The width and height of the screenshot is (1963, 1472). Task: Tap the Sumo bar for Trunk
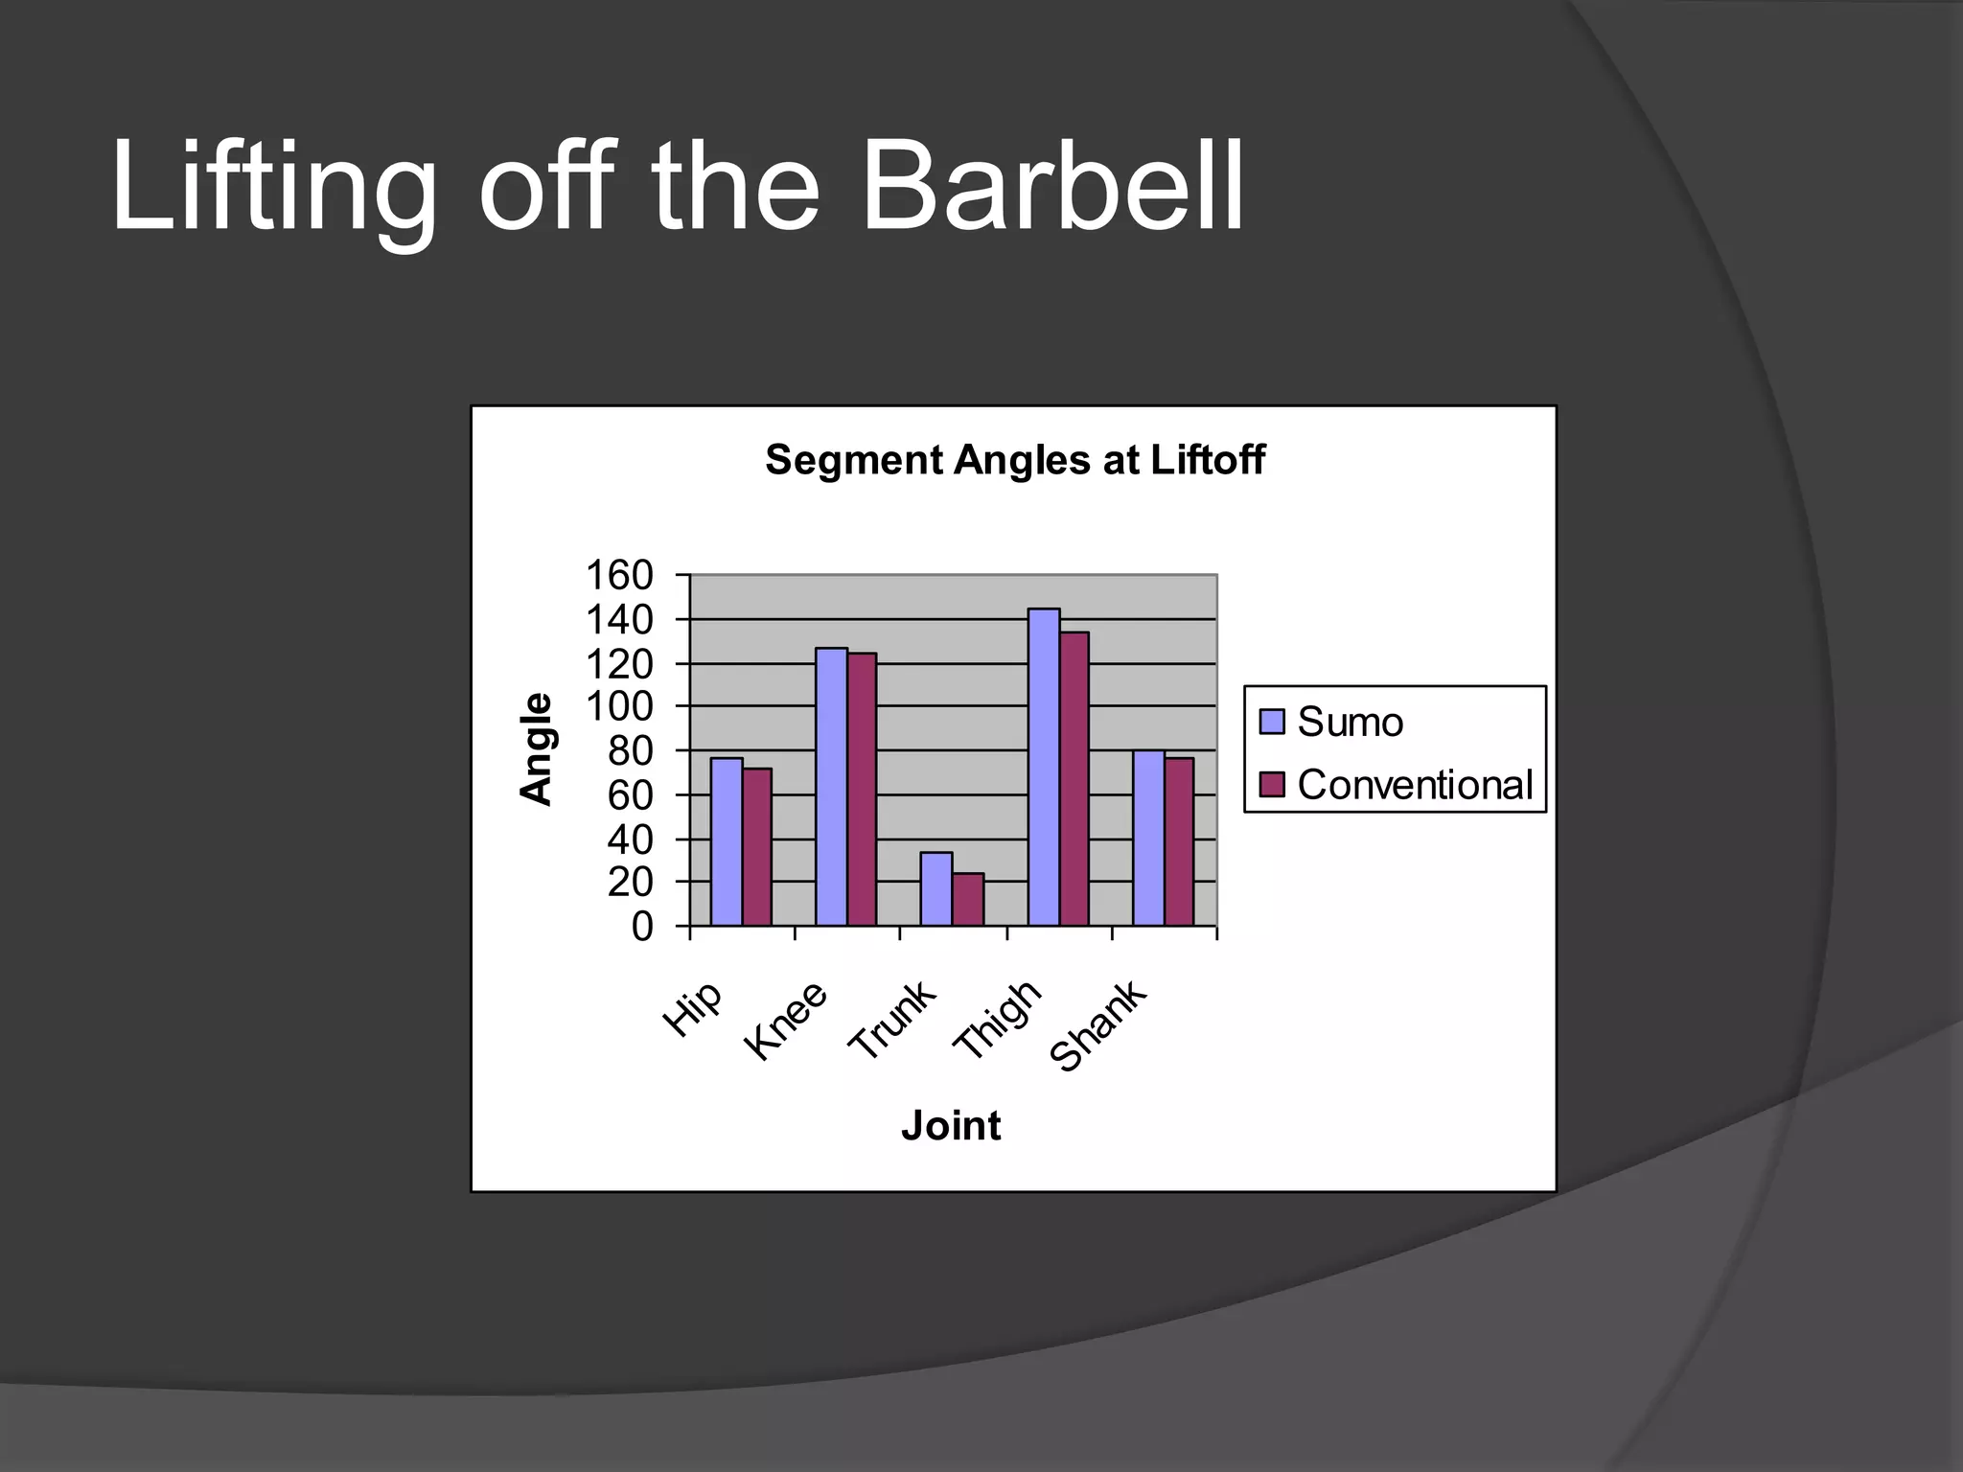936,888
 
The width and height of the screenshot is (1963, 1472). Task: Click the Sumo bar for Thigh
1044,767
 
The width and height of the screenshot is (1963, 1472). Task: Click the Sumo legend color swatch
1272,722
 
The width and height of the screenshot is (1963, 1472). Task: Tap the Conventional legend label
1415,785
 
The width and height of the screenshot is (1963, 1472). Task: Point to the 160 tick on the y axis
619,576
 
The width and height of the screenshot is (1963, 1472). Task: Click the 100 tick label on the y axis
619,707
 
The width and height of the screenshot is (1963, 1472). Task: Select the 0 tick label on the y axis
641,927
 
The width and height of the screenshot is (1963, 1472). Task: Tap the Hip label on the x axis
693,1009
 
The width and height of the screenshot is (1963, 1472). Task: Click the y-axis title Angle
537,749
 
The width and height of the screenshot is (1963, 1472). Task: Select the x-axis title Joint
951,1125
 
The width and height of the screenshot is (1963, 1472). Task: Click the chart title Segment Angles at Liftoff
1015,460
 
